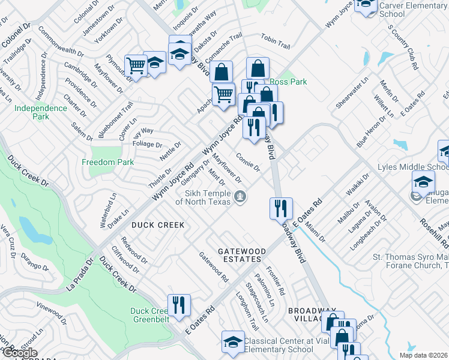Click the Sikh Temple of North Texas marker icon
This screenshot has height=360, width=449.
[x=240, y=196]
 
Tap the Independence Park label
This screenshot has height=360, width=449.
[x=41, y=112]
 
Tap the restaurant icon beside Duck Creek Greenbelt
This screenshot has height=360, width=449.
[x=179, y=305]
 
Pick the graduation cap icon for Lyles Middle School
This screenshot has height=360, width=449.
[x=423, y=181]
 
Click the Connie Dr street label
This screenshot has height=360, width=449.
[x=247, y=161]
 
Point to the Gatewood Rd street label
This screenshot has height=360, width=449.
[x=214, y=267]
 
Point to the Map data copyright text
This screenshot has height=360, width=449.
[x=423, y=355]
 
